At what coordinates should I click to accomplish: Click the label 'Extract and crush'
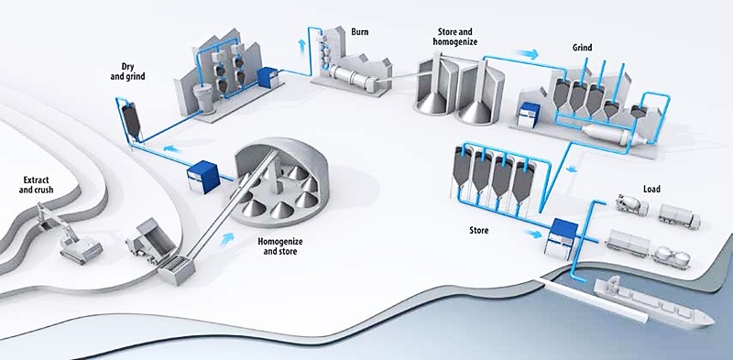pos(39,185)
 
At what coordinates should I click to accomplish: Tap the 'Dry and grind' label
pos(127,71)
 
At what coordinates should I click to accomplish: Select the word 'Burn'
pos(360,32)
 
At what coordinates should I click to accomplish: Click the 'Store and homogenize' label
pos(454,37)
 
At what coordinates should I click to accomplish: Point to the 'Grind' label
pos(582,48)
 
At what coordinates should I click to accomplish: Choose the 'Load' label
pos(651,189)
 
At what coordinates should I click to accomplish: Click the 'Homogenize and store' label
pos(280,246)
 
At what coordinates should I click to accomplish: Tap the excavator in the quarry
pos(75,236)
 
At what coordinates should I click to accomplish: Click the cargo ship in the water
pos(653,302)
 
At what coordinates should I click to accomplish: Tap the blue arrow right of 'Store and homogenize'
pos(526,54)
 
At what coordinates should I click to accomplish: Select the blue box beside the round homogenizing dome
pos(202,177)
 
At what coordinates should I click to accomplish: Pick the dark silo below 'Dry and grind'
pos(131,120)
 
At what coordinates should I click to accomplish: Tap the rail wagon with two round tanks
pos(672,257)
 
